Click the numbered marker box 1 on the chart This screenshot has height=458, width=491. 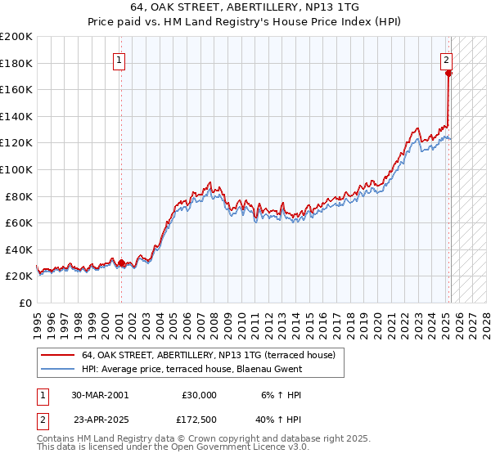click(x=119, y=60)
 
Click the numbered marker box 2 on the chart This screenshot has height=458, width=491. click(x=447, y=59)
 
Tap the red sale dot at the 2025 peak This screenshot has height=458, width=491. click(x=449, y=74)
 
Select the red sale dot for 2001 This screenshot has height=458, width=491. click(x=121, y=263)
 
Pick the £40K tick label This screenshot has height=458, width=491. click(x=18, y=249)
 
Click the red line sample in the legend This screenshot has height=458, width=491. click(x=57, y=355)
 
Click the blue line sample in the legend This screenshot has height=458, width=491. click(x=57, y=369)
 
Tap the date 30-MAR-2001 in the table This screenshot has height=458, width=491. click(x=99, y=394)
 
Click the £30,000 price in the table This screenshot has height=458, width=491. click(x=200, y=394)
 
